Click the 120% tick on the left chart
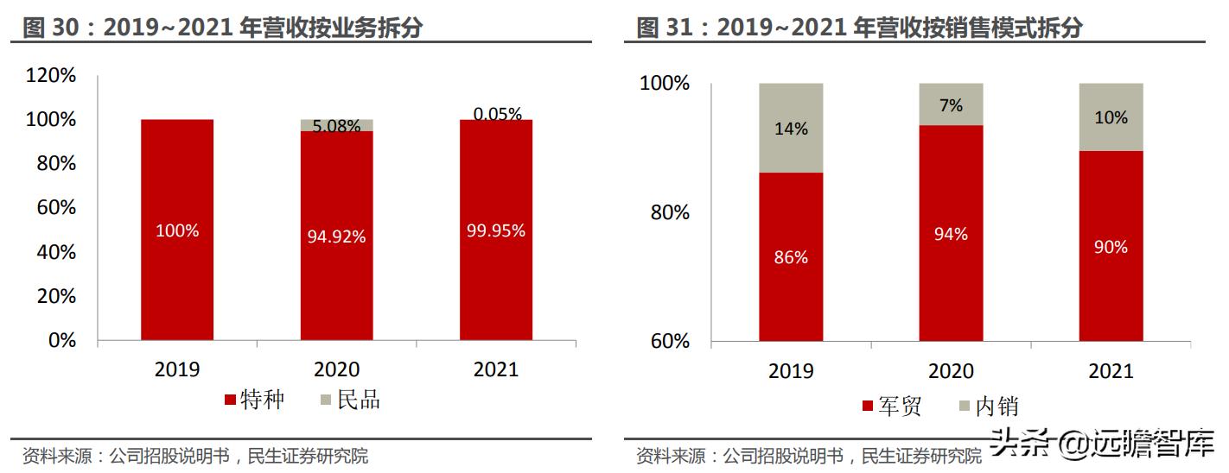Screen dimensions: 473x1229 pyautogui.click(x=51, y=76)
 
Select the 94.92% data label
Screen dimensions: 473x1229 pyautogui.click(x=336, y=236)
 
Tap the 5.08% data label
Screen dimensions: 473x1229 pyautogui.click(x=336, y=127)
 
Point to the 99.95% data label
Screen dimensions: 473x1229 pyautogui.click(x=496, y=230)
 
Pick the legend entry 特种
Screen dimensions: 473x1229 pyautogui.click(x=254, y=400)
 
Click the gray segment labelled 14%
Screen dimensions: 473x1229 pyautogui.click(x=791, y=129)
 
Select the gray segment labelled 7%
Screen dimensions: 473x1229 pyautogui.click(x=951, y=104)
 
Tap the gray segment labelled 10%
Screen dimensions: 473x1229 pyautogui.click(x=1111, y=117)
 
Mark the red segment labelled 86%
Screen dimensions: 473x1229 pyautogui.click(x=791, y=257)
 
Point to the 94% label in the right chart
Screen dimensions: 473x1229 pyautogui.click(x=951, y=234)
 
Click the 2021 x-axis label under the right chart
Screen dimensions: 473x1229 pyautogui.click(x=1111, y=371)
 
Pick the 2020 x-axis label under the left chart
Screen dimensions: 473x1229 pyautogui.click(x=336, y=369)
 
